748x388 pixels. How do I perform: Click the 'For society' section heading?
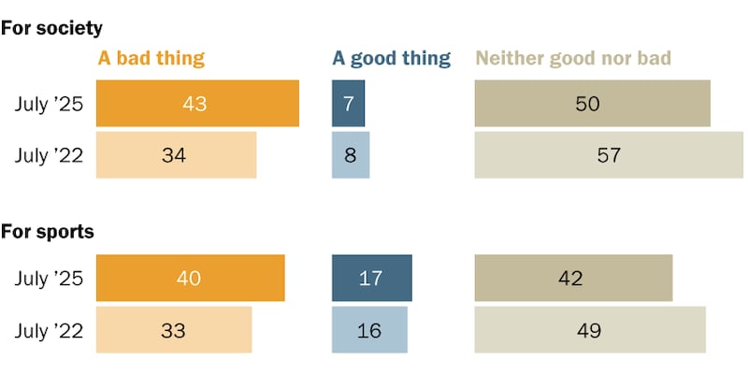tap(51, 28)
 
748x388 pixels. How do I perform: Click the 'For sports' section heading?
tap(48, 231)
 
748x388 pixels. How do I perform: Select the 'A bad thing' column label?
tap(151, 58)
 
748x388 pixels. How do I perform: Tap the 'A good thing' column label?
tap(391, 58)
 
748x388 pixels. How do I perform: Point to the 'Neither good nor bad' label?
tap(573, 58)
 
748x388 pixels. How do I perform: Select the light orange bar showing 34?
tap(177, 155)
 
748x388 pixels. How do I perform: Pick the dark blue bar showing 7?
tap(348, 104)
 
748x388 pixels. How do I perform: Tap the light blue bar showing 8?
tap(351, 155)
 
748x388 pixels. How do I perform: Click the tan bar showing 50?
tap(592, 104)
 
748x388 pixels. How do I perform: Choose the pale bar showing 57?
tap(609, 155)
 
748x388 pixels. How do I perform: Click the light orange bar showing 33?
tap(174, 330)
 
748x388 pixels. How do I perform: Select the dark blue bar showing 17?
tap(371, 279)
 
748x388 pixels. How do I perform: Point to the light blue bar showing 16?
tap(369, 330)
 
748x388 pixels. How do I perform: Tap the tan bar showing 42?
tap(573, 279)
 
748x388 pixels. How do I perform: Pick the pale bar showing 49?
tap(590, 330)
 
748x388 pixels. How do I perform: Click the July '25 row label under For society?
tap(49, 104)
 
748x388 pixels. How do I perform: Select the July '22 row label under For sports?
tap(49, 330)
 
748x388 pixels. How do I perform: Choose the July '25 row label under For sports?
tap(49, 279)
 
